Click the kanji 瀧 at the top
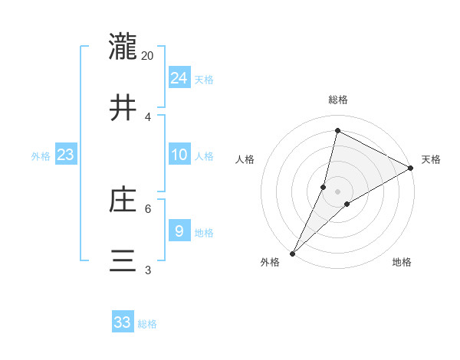pyautogui.click(x=123, y=47)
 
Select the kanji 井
pyautogui.click(x=123, y=108)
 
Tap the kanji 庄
pyautogui.click(x=123, y=201)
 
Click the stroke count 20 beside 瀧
pyautogui.click(x=148, y=55)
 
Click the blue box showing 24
pyautogui.click(x=179, y=78)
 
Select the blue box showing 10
pyautogui.click(x=179, y=155)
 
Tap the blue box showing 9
pyautogui.click(x=179, y=231)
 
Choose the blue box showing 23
pyautogui.click(x=66, y=155)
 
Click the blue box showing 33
pyautogui.click(x=123, y=322)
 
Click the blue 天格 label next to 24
pyautogui.click(x=204, y=80)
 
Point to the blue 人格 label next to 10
pyautogui.click(x=204, y=156)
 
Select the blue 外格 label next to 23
pyautogui.click(x=41, y=156)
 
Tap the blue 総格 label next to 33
pyautogui.click(x=147, y=324)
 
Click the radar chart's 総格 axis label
pyautogui.click(x=338, y=100)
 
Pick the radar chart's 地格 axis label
pyautogui.click(x=402, y=263)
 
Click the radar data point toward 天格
pyautogui.click(x=411, y=169)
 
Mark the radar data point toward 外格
pyautogui.click(x=293, y=254)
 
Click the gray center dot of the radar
pyautogui.click(x=338, y=191)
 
